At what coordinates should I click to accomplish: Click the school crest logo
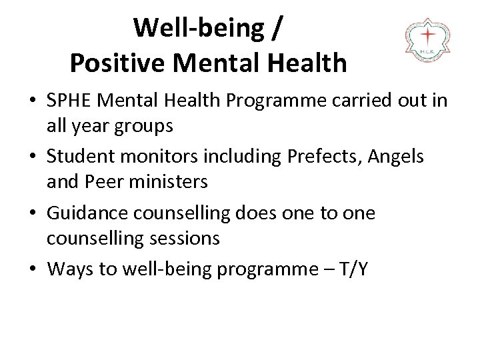(x=427, y=41)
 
